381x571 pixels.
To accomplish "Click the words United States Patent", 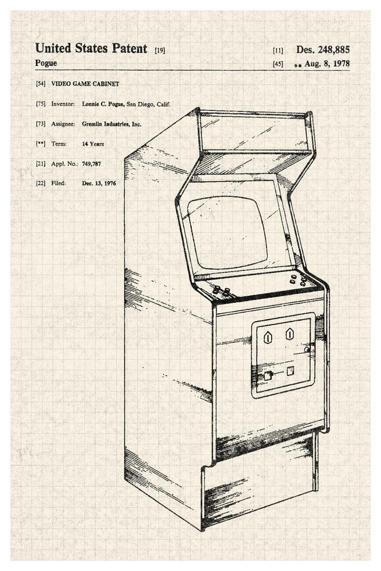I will (x=91, y=49).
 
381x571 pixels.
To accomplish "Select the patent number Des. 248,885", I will (x=323, y=50).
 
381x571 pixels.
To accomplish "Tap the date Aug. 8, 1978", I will (x=327, y=64).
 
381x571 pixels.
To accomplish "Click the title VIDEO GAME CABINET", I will (x=85, y=84).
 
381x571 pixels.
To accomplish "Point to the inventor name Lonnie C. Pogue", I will (x=103, y=104).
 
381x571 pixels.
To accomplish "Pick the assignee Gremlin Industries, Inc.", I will (x=111, y=124).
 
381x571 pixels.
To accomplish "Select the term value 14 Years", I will (x=93, y=144).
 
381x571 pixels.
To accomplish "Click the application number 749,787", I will (x=91, y=164).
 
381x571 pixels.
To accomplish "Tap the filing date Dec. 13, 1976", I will (x=99, y=183).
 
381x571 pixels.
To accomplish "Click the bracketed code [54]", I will (x=40, y=84).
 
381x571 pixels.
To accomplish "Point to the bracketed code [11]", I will (x=278, y=50).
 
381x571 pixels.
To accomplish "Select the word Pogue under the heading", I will (x=46, y=63).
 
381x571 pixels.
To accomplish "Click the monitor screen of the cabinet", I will (x=227, y=231).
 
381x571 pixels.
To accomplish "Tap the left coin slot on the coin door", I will (x=268, y=337).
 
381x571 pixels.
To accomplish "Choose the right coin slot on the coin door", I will (x=290, y=334).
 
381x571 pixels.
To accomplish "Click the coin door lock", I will (x=306, y=349).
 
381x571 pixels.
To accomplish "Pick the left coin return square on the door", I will (x=268, y=375).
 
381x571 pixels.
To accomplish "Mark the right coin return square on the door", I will (x=290, y=371).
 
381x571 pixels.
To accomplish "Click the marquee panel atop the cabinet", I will (x=254, y=133).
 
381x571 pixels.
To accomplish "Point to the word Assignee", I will (x=63, y=124).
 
